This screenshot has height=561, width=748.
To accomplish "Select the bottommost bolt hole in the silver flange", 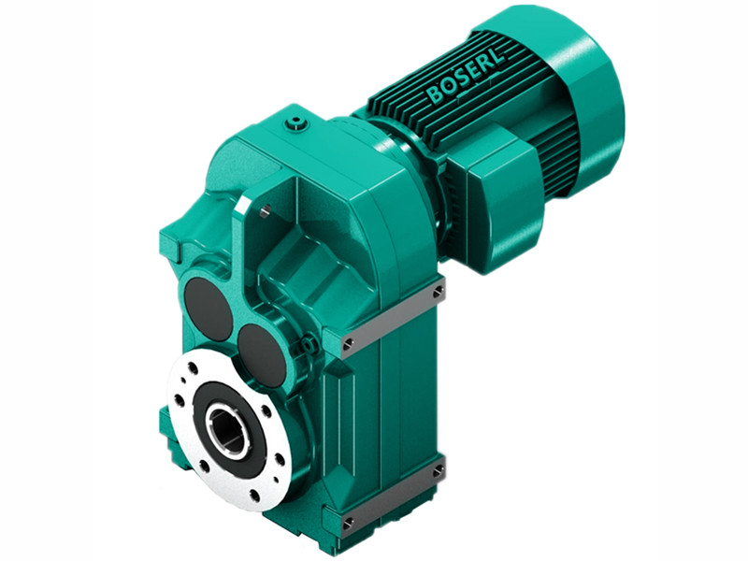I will point(245,493).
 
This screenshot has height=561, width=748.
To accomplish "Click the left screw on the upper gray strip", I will point(348,345).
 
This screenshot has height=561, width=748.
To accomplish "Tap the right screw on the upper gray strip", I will point(438,292).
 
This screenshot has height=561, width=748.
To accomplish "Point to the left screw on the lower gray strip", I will point(348,521).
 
